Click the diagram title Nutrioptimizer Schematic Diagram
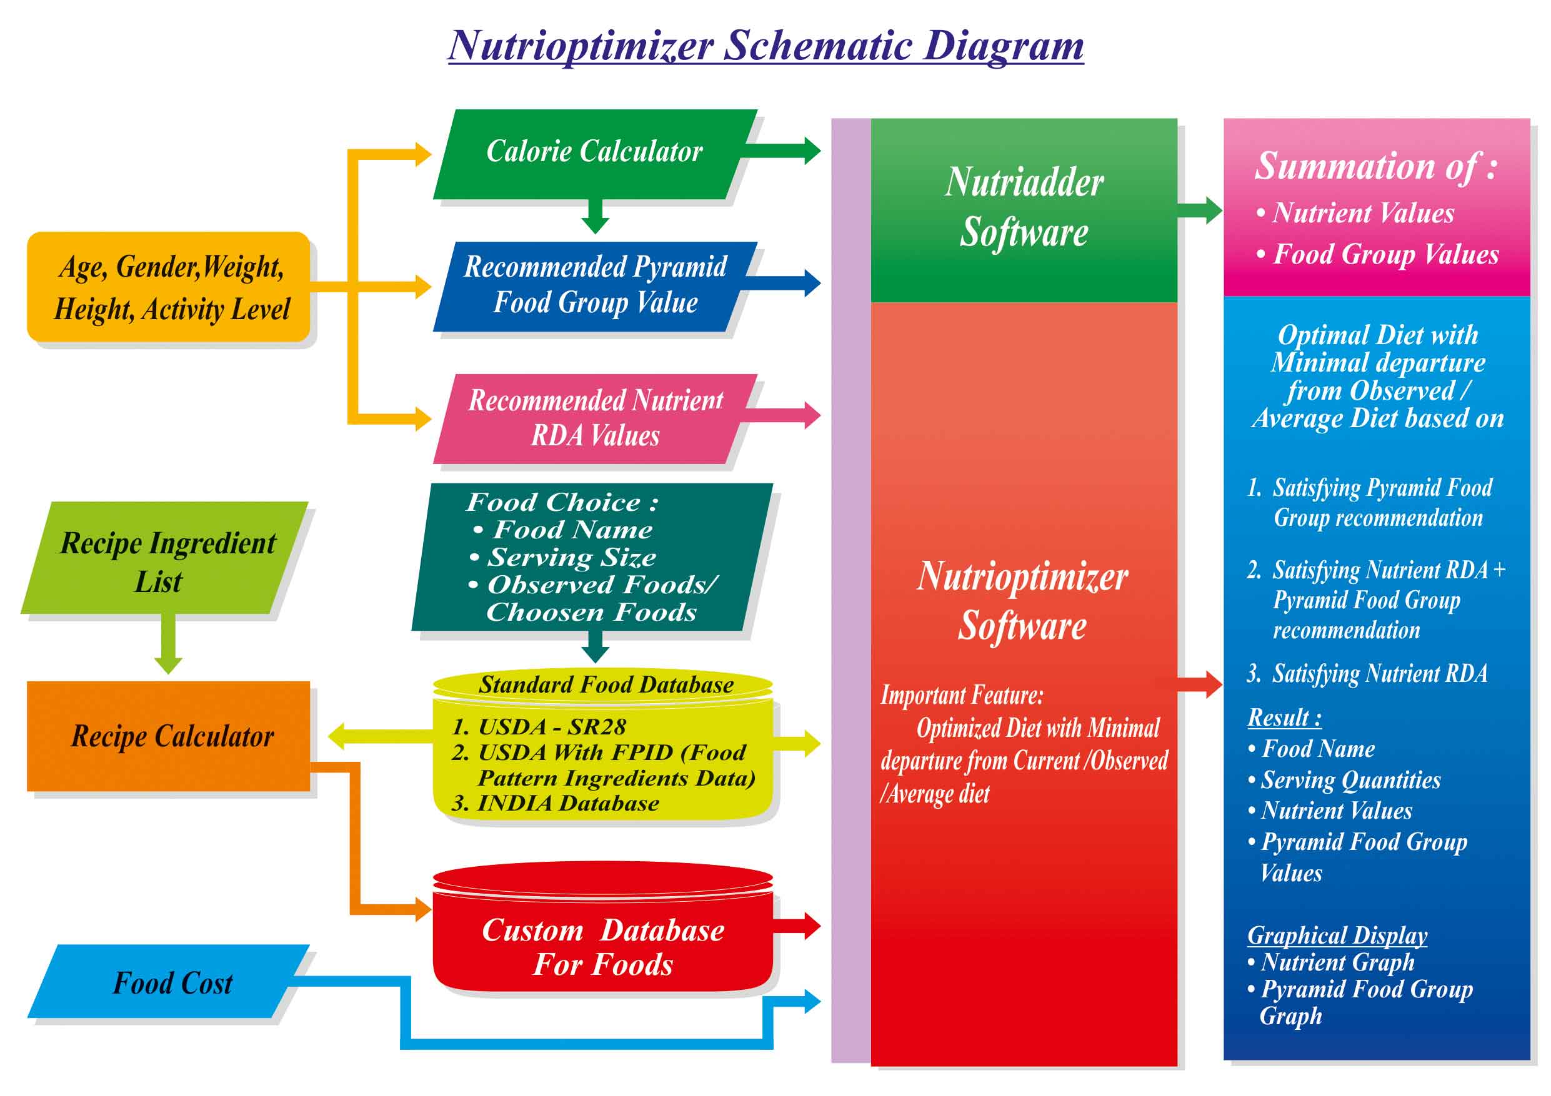(x=766, y=46)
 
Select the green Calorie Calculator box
(x=594, y=152)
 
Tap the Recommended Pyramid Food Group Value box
(x=594, y=285)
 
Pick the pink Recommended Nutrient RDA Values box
(x=594, y=418)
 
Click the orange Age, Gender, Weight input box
(x=169, y=287)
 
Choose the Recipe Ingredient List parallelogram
(x=166, y=561)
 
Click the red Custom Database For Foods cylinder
(x=602, y=945)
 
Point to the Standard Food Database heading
(x=606, y=684)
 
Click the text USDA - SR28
(x=539, y=727)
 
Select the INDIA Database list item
(x=556, y=803)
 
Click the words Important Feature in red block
(x=962, y=696)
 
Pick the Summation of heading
(x=1375, y=166)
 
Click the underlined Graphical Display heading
(x=1337, y=936)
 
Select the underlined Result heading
(x=1284, y=717)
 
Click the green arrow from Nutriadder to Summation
(x=1200, y=210)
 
